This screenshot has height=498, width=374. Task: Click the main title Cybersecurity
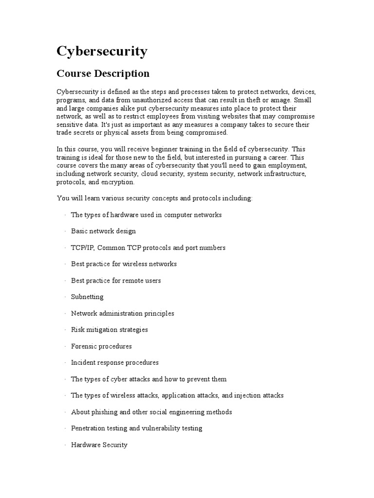(102, 52)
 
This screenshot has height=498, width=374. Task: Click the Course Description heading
(103, 74)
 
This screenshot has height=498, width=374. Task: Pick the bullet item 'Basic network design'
(103, 231)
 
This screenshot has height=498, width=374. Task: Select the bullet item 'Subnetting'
(87, 297)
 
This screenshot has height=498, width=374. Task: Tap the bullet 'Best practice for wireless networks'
(124, 264)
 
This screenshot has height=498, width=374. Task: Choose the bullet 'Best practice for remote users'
(116, 281)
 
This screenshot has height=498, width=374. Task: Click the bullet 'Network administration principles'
(122, 313)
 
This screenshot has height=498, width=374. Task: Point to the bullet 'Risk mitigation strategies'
(109, 330)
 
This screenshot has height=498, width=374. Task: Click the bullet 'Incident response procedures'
(114, 363)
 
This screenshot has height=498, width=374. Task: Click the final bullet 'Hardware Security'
(99, 445)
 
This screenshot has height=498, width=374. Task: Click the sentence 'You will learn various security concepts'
(155, 198)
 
